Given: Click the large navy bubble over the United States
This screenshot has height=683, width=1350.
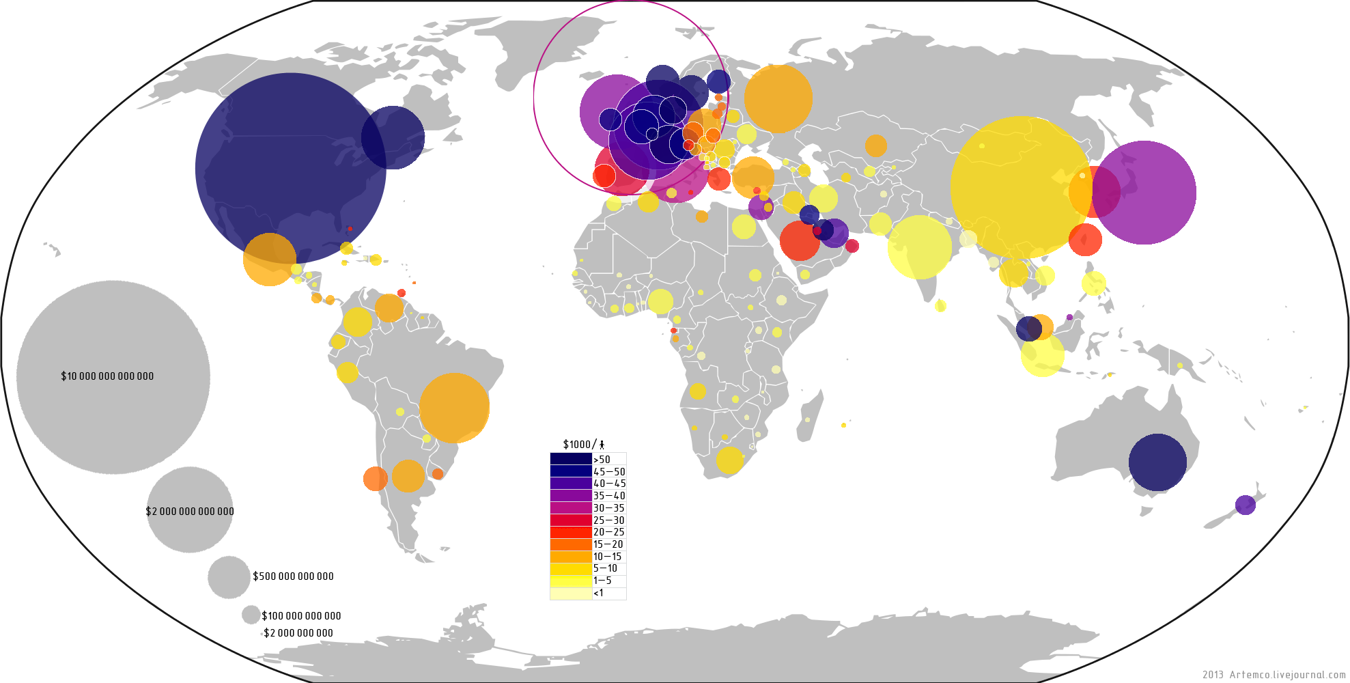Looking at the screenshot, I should pos(290,168).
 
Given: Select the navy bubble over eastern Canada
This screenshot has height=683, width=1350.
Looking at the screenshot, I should pos(393,137).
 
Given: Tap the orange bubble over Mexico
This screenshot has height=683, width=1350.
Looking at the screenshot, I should pos(270,260).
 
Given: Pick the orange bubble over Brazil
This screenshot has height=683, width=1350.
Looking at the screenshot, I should pos(454,408).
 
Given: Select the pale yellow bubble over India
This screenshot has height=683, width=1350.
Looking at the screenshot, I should pos(919,247).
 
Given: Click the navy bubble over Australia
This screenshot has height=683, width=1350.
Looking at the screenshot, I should pos(1157,462).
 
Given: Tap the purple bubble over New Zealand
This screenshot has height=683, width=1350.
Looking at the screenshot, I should pos(1245,505).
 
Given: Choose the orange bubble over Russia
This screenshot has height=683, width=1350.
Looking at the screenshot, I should pos(778,98).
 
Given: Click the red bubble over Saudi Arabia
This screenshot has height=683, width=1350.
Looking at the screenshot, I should pos(800,240).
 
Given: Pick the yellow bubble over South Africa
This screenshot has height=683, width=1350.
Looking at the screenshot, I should pos(729,460).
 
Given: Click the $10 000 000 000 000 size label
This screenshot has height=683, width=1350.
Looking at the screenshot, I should pos(107,376).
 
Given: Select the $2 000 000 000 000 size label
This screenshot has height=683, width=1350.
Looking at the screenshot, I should pos(190,512).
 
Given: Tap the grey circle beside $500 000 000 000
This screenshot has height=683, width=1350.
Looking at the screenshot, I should pos(229,576).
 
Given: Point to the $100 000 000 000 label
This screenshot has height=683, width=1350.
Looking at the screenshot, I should pos(301,616).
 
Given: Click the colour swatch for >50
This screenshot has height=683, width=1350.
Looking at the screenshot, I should pos(571,459).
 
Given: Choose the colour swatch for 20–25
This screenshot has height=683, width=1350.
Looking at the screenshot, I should pos(571,532).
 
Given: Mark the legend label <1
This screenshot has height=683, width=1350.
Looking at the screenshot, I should pos(598,593).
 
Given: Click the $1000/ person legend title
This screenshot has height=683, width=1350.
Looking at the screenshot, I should pos(583,445).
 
